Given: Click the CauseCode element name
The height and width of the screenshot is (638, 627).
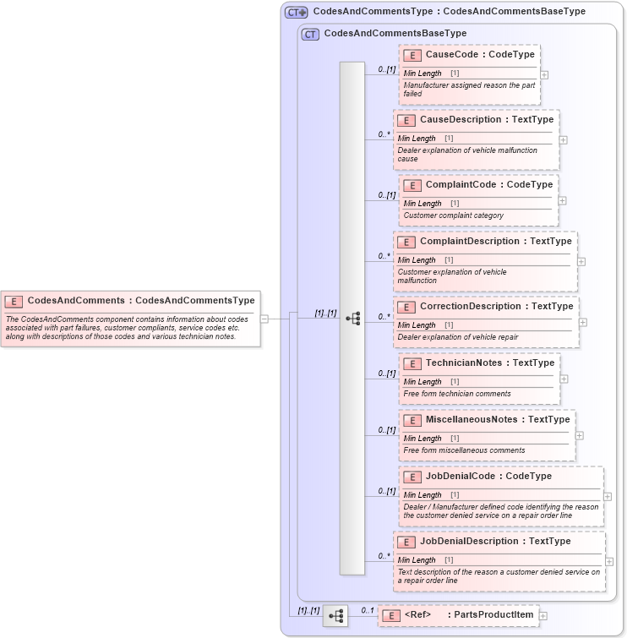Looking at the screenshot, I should click(479, 55).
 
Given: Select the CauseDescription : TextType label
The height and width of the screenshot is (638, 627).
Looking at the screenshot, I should click(486, 120).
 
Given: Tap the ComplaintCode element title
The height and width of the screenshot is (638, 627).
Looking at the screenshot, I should click(488, 185).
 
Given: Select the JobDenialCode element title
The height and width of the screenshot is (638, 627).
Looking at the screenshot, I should click(488, 477).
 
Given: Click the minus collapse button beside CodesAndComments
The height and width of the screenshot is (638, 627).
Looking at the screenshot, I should click(264, 319).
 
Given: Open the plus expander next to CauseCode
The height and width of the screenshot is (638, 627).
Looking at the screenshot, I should click(544, 74).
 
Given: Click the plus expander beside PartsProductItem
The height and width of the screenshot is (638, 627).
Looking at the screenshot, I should click(543, 616).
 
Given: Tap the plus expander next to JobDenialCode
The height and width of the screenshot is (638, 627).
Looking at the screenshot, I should click(608, 497).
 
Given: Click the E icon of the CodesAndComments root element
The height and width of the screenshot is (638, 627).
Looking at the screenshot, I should click(14, 301).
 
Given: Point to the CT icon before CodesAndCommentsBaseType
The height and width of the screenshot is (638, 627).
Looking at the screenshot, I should click(310, 34).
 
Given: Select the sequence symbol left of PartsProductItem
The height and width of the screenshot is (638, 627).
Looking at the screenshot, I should click(335, 616).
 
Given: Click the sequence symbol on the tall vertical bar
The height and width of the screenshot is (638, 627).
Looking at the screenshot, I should click(352, 319).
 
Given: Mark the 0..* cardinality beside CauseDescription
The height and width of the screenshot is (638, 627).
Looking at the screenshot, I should click(384, 134).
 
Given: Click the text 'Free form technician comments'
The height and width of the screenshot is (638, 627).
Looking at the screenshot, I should click(457, 394).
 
